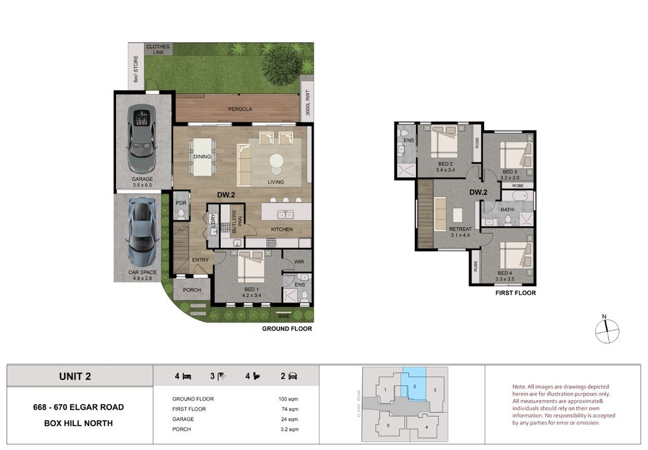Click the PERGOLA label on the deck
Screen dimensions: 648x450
point(240,109)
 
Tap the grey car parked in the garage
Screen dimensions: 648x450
point(142,139)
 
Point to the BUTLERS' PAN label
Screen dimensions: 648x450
point(237,221)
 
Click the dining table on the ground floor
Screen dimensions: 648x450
point(202,157)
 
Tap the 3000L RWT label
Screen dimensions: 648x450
point(307,103)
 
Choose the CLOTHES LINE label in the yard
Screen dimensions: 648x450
point(158,50)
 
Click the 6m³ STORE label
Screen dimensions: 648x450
point(135,69)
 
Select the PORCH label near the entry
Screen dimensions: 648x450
point(192,290)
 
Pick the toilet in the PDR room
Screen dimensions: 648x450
point(181,213)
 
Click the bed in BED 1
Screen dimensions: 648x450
point(251,267)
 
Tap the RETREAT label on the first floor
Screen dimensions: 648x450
point(460,229)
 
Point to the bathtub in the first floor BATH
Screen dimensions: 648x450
point(516,196)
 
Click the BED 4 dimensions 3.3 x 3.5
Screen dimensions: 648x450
point(505,279)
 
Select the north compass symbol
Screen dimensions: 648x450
point(607,330)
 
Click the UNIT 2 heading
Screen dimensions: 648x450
point(75,376)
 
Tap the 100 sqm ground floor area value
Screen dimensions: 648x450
point(288,399)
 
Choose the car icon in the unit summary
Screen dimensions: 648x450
point(293,376)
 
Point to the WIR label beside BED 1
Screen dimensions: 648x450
point(299,262)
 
